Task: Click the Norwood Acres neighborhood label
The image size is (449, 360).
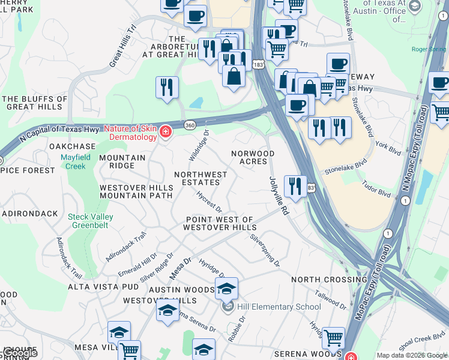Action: (x=253, y=157)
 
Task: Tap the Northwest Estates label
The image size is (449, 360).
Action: (x=200, y=178)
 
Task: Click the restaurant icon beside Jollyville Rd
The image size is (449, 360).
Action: (x=294, y=185)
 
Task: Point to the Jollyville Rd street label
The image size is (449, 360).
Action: (x=279, y=196)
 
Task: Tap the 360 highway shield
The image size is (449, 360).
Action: (x=189, y=124)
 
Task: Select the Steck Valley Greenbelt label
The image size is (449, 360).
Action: (x=91, y=221)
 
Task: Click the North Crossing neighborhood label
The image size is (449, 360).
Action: (x=329, y=280)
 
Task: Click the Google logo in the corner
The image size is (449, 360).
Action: (x=19, y=353)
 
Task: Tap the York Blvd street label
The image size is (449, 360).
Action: (x=388, y=147)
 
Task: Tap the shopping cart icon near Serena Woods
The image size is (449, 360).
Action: (x=333, y=338)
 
